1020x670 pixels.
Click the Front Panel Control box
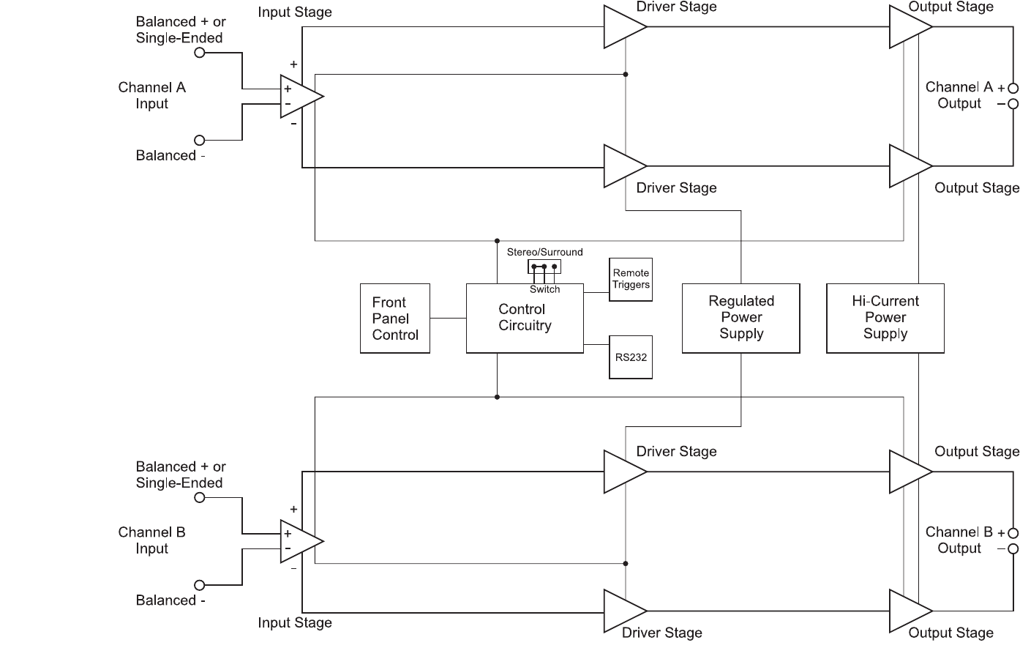(x=395, y=319)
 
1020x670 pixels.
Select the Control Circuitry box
(x=525, y=318)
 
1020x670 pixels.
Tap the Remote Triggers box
(x=631, y=279)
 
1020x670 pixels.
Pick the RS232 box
(x=631, y=357)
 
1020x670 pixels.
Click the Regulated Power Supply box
(x=740, y=318)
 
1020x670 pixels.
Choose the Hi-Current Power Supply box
(x=885, y=318)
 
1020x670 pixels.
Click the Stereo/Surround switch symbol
(x=544, y=267)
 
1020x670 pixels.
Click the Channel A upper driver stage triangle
(x=623, y=27)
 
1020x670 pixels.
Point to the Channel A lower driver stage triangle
(x=623, y=166)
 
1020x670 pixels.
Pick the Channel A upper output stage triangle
(x=909, y=27)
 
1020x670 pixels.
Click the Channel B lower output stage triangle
(x=909, y=611)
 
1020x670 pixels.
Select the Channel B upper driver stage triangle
(x=623, y=472)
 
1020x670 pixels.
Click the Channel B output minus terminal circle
(x=1013, y=549)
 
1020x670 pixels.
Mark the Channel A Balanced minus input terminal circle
(x=199, y=140)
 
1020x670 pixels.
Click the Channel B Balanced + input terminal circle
(x=199, y=498)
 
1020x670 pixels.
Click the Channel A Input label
(x=152, y=95)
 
